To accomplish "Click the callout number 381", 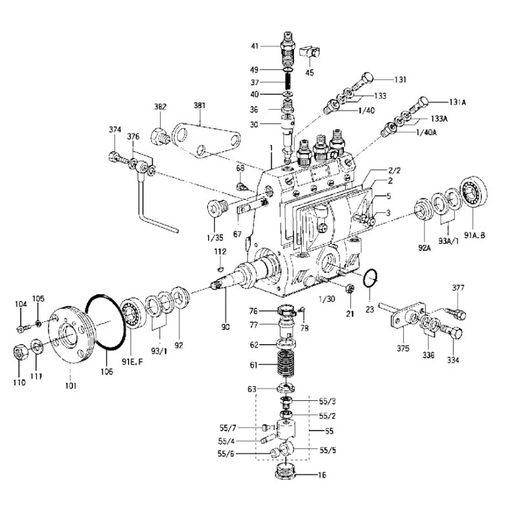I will [x=199, y=104].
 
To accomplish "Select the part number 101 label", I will [x=70, y=386].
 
